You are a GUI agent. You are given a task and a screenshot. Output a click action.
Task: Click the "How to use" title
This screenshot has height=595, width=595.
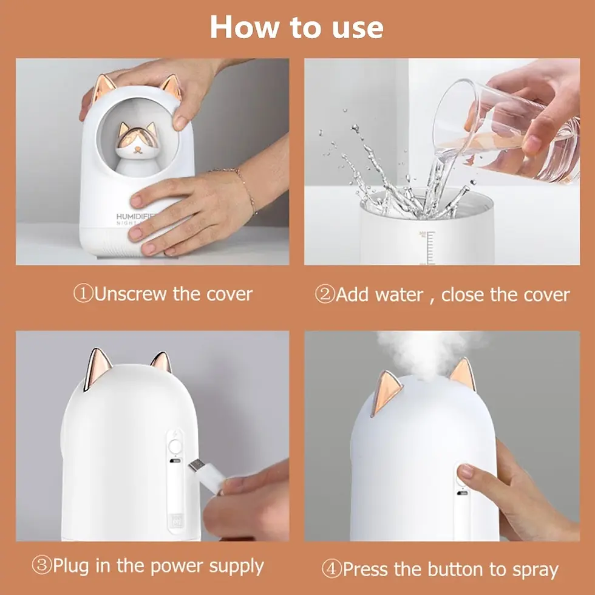pos(297,28)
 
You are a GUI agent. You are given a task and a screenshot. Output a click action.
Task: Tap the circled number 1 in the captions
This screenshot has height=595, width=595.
pos(83,294)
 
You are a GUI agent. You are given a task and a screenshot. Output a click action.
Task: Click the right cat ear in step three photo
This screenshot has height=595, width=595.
pos(161,362)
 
